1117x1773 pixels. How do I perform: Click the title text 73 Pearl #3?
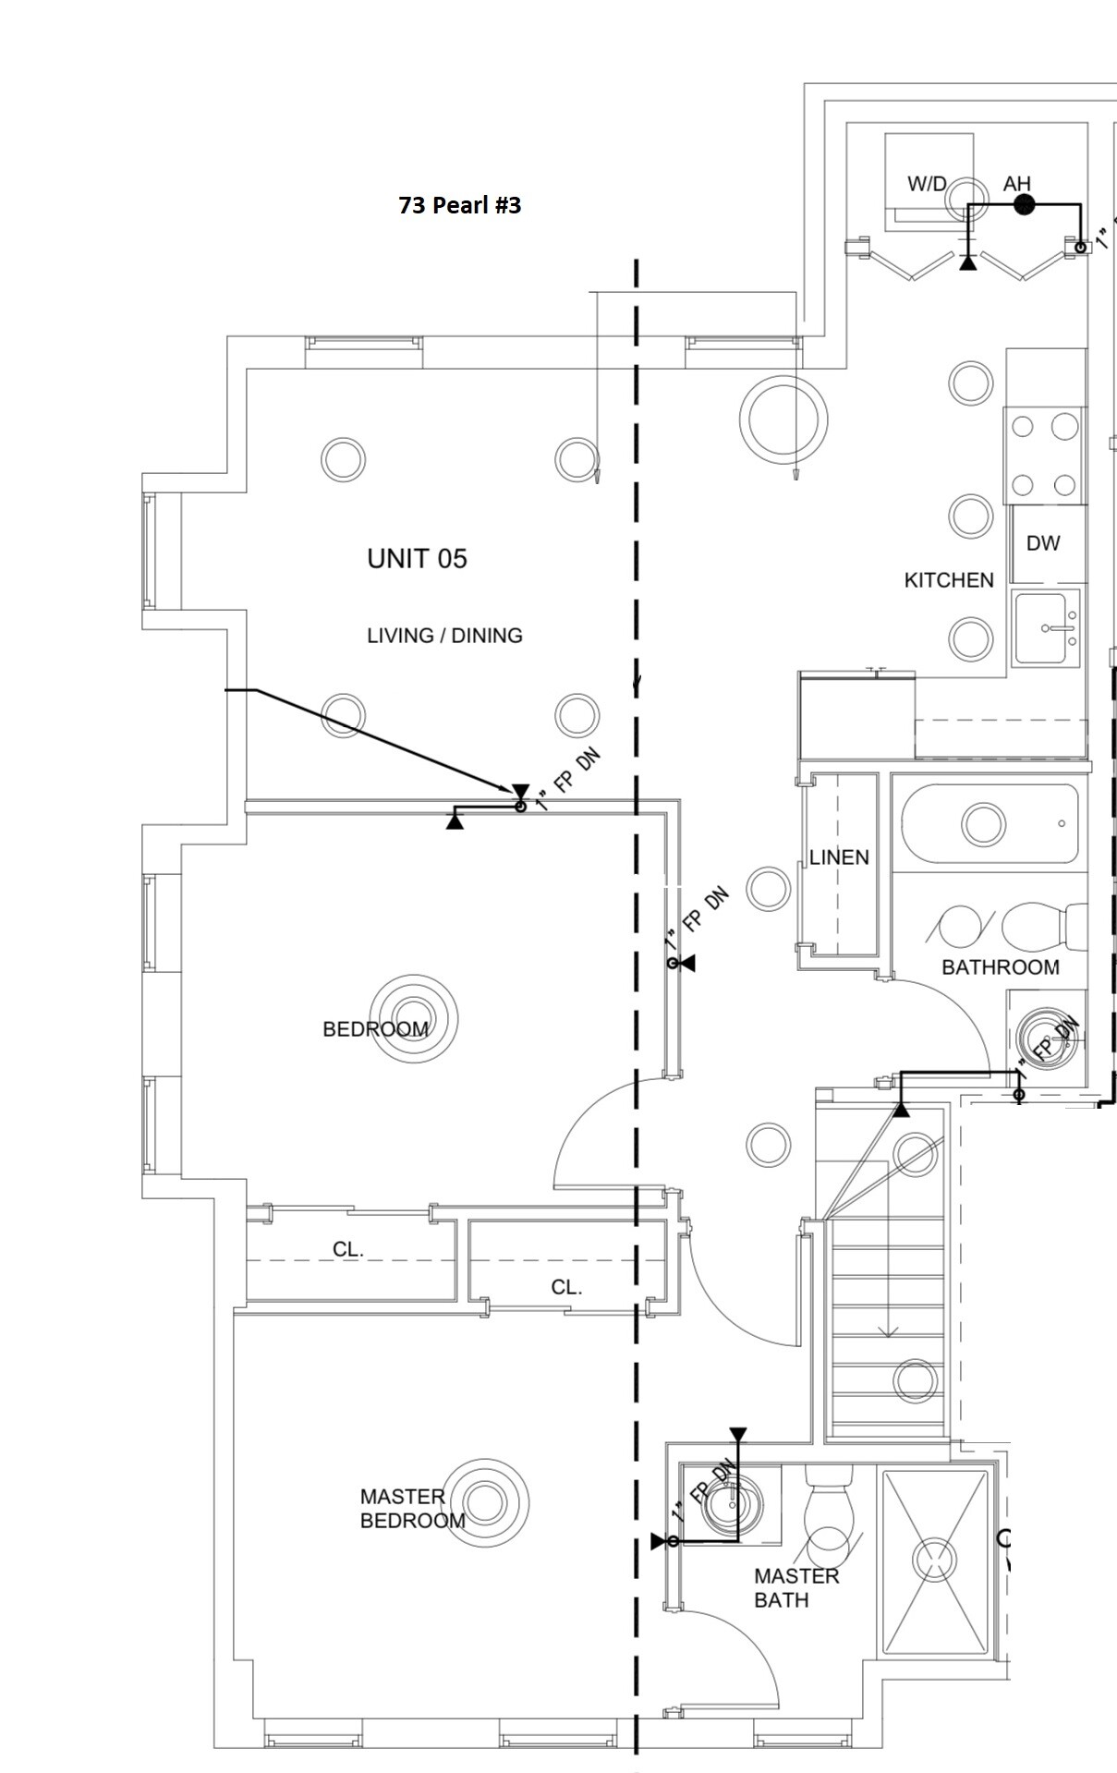[459, 205]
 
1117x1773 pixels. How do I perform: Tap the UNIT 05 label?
[417, 558]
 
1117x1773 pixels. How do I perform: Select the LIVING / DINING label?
[444, 636]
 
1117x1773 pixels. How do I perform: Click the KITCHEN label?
[949, 580]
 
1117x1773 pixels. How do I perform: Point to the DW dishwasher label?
[1043, 543]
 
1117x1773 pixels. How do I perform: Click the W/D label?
[927, 184]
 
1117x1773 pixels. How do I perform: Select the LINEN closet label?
[839, 857]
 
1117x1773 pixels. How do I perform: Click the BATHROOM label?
[1001, 967]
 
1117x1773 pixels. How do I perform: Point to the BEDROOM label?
[375, 1029]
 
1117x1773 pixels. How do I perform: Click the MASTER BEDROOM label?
[412, 1509]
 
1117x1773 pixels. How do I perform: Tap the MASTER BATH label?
[795, 1587]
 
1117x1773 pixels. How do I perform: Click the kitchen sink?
[1047, 629]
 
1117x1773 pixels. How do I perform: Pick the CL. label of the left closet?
[348, 1249]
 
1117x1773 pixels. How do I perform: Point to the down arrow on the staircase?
[888, 1330]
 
